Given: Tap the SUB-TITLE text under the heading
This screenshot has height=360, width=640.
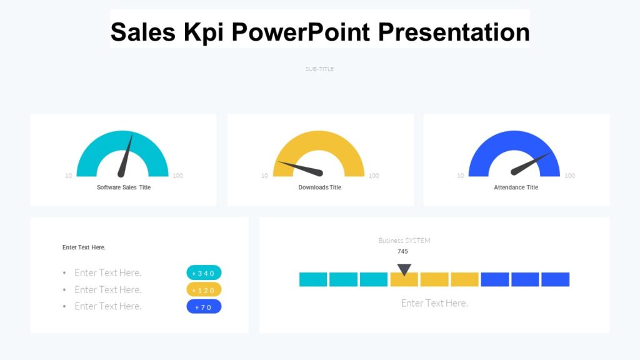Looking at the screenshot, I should tap(319, 69).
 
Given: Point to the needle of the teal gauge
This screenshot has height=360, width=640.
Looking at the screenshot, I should tap(126, 156).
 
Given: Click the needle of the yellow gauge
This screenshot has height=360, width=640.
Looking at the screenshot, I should tap(300, 168).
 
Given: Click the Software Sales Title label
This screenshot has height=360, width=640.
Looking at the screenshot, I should tap(124, 187).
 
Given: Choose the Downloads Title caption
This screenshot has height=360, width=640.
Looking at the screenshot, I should tap(319, 187).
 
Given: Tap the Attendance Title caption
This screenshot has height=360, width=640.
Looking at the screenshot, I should tap(516, 187).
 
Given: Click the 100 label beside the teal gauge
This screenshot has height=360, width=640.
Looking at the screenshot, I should tap(178, 176).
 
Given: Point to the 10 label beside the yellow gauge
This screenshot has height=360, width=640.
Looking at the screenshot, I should tap(264, 176).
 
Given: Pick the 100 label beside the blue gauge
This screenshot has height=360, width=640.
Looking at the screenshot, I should tap(569, 176).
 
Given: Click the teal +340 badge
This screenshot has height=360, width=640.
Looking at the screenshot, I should tap(204, 273).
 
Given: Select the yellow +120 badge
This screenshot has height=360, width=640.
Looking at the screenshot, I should tap(204, 290).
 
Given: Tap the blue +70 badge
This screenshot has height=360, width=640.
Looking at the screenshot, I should tap(204, 307).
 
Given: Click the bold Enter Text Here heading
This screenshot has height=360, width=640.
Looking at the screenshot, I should tap(84, 247).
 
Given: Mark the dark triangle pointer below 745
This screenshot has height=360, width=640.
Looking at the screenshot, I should tap(404, 269).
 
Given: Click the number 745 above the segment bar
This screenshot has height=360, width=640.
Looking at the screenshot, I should tap(402, 251).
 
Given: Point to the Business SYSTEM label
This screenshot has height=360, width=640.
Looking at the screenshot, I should tap(404, 241).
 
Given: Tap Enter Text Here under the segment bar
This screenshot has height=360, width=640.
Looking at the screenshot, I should tap(434, 303).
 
